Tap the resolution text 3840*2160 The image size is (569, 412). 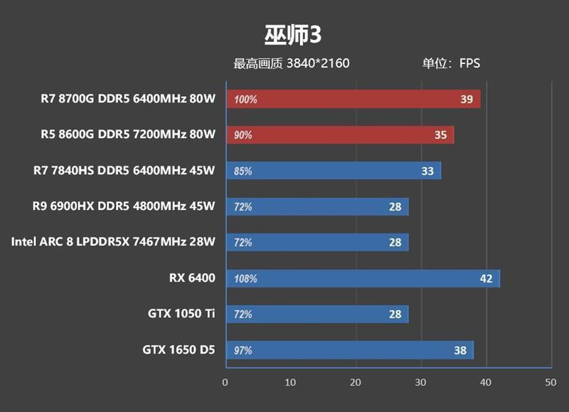318,63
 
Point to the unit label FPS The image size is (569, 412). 469,63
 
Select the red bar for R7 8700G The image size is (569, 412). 353,99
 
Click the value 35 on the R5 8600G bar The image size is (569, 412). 440,135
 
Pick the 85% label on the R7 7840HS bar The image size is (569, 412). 243,171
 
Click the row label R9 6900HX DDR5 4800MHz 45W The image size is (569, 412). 123,206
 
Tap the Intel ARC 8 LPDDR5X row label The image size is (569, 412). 112,242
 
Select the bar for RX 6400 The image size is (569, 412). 363,278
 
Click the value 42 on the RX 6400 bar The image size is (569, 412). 486,278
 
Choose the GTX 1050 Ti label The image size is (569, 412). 181,314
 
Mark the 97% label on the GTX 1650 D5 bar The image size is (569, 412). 243,350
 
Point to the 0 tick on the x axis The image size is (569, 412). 225,383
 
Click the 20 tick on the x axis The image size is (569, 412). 356,383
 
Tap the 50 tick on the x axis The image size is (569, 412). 550,383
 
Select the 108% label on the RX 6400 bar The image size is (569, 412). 245,278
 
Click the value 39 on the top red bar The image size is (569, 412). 466,100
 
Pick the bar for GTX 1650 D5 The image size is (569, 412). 349,350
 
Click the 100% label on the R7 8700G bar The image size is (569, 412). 245,100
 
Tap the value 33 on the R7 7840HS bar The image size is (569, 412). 427,171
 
